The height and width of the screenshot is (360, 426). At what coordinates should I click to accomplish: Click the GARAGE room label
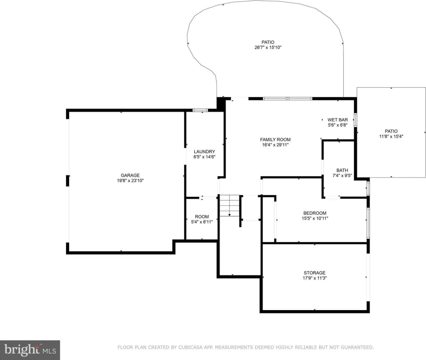point(130,175)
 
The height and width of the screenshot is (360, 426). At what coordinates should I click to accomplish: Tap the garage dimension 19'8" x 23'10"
point(130,180)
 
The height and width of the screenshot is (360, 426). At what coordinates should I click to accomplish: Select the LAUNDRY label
point(204,151)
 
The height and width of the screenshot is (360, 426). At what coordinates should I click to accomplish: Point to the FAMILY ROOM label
point(275,139)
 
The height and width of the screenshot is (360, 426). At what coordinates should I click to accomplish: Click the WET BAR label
point(338,120)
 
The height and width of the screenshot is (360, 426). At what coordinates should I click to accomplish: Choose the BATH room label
point(342,170)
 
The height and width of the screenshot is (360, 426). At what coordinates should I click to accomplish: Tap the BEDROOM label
point(315,213)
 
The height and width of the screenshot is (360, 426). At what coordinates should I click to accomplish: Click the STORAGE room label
point(315,273)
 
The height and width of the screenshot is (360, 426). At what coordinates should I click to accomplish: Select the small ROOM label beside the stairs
point(202,217)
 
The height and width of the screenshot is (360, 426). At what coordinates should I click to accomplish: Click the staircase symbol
point(230,205)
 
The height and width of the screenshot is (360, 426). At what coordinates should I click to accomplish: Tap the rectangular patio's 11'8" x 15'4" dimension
point(391,136)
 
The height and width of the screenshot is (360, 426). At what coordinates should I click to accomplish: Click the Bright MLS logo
point(30,350)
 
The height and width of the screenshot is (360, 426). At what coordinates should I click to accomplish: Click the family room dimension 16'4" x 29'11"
point(275,145)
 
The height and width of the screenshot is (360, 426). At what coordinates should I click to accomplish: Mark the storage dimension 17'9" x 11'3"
point(315,278)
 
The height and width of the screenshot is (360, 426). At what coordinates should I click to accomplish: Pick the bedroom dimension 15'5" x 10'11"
point(315,219)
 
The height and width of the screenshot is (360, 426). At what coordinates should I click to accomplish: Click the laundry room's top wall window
point(200,111)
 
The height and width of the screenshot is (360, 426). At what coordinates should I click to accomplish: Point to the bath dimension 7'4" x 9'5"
point(342,176)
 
